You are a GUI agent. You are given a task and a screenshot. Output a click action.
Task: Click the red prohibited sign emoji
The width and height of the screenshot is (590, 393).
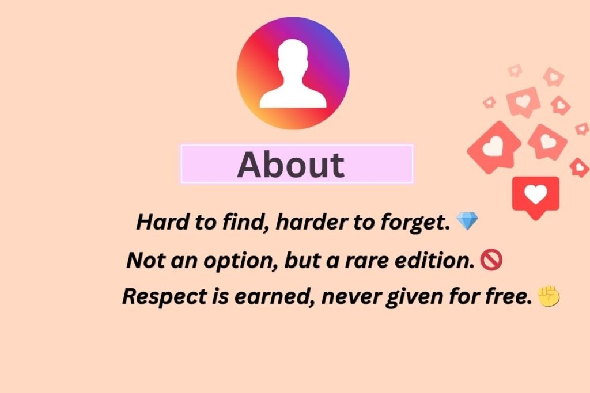(x=491, y=261)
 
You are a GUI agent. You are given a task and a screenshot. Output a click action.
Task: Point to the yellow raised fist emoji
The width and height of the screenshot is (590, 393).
(x=549, y=296)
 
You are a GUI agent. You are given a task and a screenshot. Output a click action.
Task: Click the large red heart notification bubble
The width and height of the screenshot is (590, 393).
(x=536, y=196)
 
